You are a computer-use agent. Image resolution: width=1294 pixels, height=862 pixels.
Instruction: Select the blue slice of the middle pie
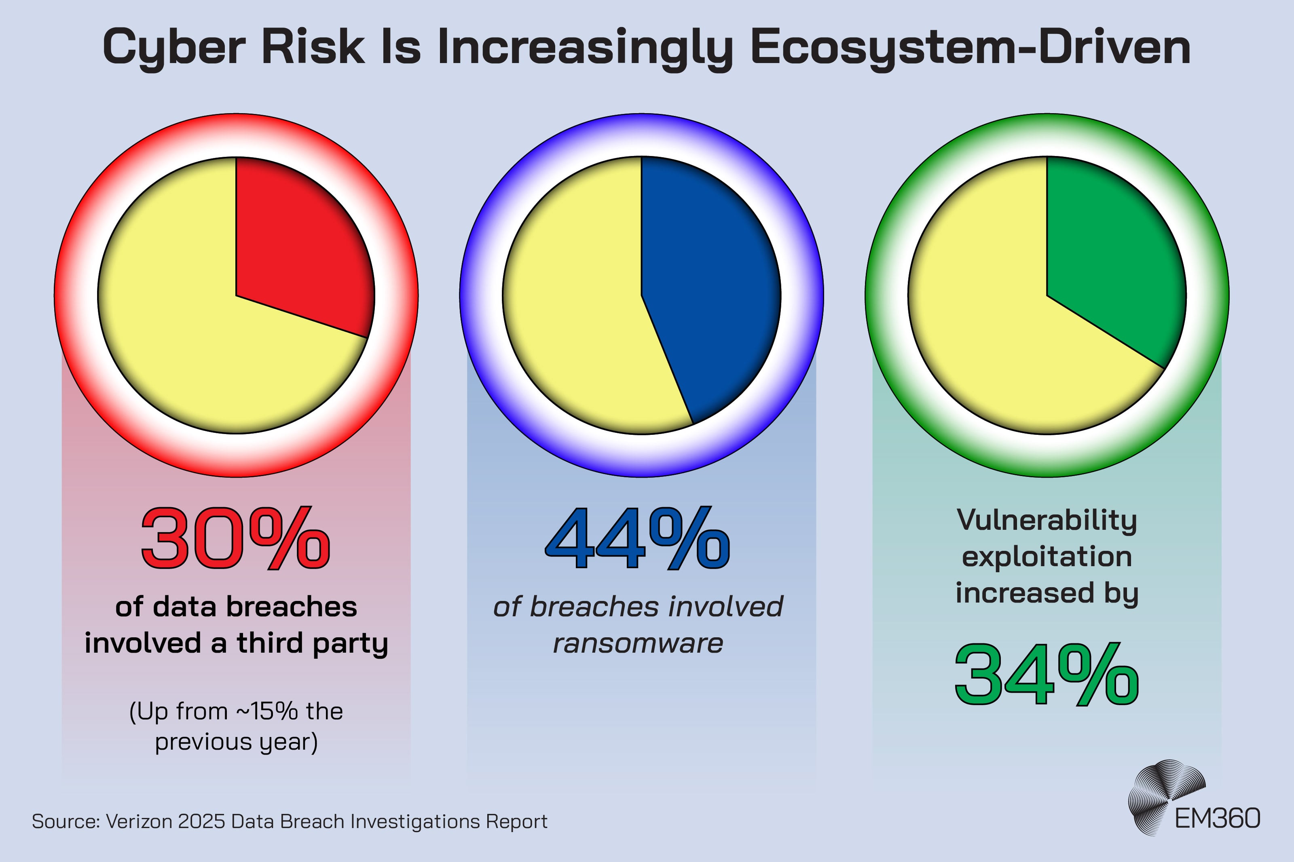pyautogui.click(x=709, y=286)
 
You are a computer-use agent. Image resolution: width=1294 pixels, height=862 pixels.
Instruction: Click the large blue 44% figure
pyautogui.click(x=638, y=539)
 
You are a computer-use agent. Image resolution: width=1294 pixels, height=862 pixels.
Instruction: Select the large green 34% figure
pyautogui.click(x=1047, y=675)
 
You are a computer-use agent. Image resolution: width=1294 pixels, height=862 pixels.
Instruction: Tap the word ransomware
pyautogui.click(x=638, y=643)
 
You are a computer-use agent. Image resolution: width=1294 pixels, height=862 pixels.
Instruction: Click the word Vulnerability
pyautogui.click(x=1047, y=520)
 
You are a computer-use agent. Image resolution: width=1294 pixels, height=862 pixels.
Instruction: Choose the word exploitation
pyautogui.click(x=1047, y=556)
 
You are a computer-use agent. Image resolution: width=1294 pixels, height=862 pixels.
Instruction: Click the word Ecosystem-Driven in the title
pyautogui.click(x=970, y=48)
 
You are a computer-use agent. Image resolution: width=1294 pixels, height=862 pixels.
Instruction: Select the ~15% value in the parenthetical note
pyautogui.click(x=267, y=711)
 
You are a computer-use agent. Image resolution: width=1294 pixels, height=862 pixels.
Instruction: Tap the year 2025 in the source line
pyautogui.click(x=201, y=821)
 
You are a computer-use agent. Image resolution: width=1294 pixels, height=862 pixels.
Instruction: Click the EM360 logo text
pyautogui.click(x=1217, y=819)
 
